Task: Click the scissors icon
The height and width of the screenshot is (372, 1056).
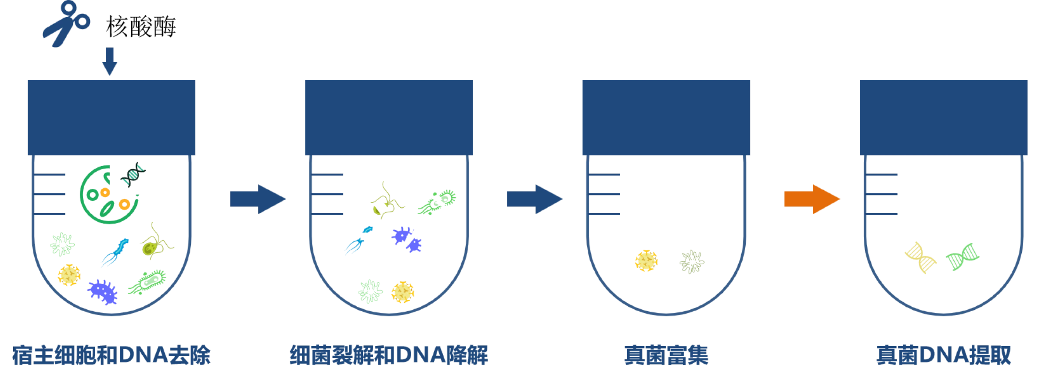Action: (x=66, y=24)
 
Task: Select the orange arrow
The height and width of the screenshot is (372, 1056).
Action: (x=812, y=199)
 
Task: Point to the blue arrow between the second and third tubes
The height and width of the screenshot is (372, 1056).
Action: (x=535, y=199)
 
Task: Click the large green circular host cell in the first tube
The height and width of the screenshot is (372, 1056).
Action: (x=108, y=195)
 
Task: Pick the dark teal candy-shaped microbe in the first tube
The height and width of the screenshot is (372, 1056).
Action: (x=133, y=174)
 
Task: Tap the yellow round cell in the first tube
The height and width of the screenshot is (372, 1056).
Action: (x=69, y=275)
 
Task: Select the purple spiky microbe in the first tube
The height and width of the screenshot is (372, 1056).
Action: (x=103, y=291)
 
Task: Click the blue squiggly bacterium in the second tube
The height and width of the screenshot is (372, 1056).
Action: (x=359, y=241)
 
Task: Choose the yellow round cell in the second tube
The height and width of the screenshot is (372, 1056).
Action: (x=403, y=292)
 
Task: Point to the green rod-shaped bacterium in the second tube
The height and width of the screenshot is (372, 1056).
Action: (x=437, y=202)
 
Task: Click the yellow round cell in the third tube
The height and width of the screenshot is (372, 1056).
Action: (x=647, y=261)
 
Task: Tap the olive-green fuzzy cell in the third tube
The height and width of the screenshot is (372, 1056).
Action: (x=691, y=262)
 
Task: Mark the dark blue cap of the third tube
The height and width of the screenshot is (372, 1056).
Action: (x=665, y=117)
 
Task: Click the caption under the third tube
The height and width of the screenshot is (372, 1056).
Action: (x=665, y=355)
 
